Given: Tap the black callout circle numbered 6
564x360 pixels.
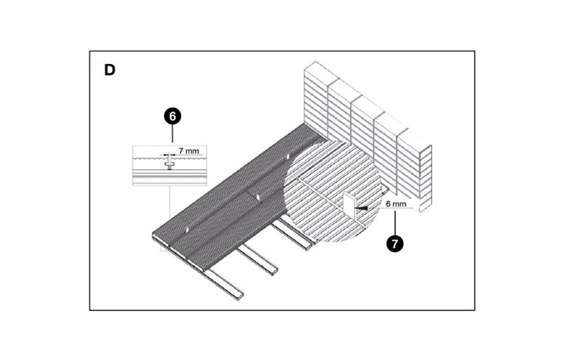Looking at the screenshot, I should pyautogui.click(x=172, y=116).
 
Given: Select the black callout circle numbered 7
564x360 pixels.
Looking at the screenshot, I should pyautogui.click(x=396, y=243).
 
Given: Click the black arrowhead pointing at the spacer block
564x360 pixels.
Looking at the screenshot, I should pyautogui.click(x=362, y=211).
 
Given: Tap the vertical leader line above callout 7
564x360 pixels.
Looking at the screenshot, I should pyautogui.click(x=396, y=223).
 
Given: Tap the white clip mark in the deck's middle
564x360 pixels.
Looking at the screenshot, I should pyautogui.click(x=258, y=196).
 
